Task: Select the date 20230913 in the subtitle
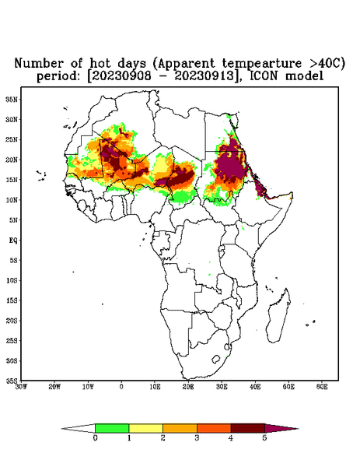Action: [204, 76]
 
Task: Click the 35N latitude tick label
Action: [12, 99]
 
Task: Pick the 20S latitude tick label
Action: [12, 321]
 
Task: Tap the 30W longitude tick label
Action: [21, 387]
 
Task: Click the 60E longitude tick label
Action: [322, 387]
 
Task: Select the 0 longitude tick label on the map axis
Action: [121, 387]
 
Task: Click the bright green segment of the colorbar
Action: [112, 428]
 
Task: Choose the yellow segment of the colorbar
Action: [145, 428]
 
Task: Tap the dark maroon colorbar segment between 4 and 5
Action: [248, 428]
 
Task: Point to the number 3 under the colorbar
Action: [197, 438]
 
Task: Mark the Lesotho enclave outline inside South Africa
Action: [216, 359]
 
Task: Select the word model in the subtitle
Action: [304, 76]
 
